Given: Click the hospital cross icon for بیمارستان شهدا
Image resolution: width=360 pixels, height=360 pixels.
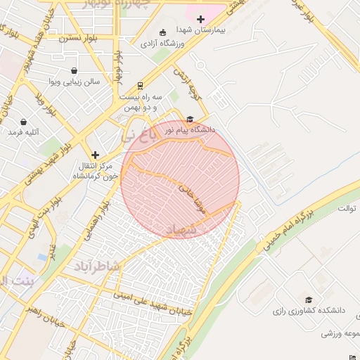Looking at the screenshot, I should [201, 19].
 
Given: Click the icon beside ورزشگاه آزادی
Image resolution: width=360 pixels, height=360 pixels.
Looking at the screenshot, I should [163, 32].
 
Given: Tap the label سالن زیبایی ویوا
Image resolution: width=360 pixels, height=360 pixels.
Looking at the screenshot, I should [75, 82].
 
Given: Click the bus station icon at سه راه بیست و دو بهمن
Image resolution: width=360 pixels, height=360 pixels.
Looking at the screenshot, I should [141, 85].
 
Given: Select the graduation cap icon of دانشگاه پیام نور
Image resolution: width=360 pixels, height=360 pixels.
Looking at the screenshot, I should [190, 119].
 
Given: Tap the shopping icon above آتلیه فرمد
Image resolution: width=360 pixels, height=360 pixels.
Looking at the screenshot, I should [24, 122].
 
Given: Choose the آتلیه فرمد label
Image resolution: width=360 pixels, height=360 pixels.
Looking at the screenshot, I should [24, 133].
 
